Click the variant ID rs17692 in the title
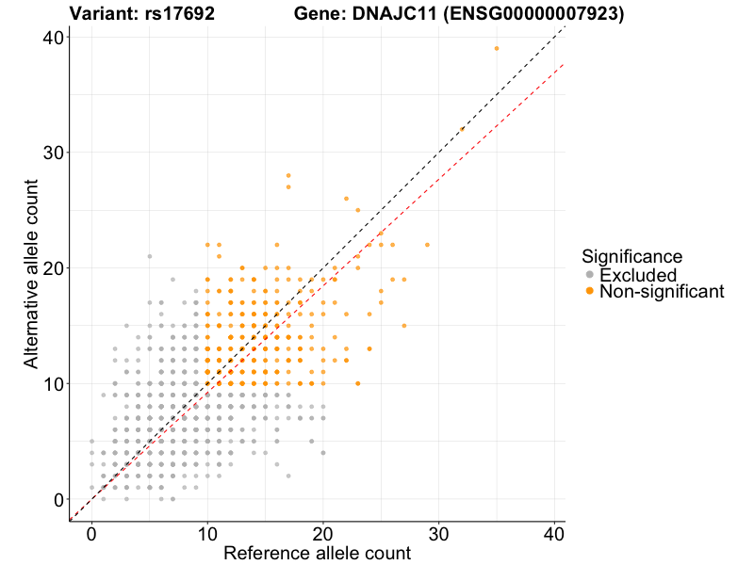[x=177, y=14]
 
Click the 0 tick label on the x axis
[x=91, y=533]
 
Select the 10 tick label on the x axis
[x=207, y=533]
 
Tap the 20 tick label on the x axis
[x=323, y=533]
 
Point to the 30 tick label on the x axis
[x=439, y=533]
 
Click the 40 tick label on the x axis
[x=555, y=533]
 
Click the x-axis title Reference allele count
[x=317, y=553]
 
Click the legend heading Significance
[x=631, y=256]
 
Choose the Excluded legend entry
[x=637, y=275]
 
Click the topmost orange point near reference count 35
[x=497, y=48]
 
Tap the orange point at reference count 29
[x=427, y=245]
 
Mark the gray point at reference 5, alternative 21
[x=149, y=256]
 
